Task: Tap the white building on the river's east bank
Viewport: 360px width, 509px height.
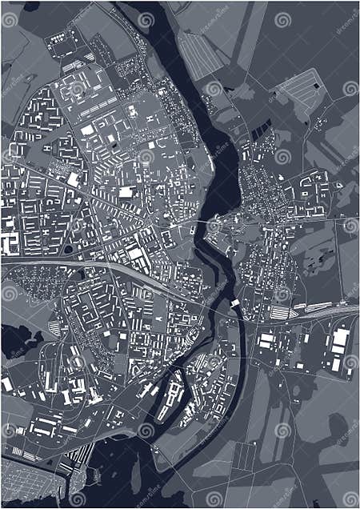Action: click(x=235, y=303)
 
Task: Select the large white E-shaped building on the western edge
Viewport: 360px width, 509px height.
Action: click(x=10, y=242)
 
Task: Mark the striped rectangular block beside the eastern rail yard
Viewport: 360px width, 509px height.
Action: click(x=279, y=312)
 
